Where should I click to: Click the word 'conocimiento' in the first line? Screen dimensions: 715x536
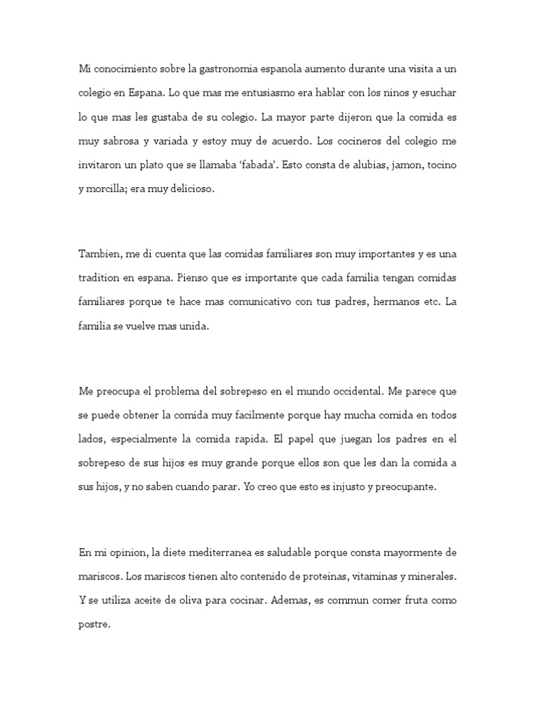pos(125,70)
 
